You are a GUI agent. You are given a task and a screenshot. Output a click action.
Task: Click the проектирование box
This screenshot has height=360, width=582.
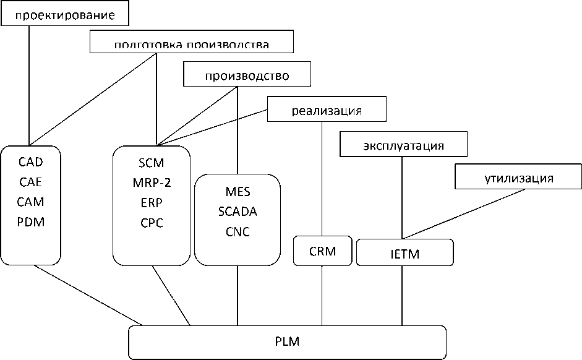[65, 14]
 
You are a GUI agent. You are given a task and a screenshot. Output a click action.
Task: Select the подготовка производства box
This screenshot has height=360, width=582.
[191, 43]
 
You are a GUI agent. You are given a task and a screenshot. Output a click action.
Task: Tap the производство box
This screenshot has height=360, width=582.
[247, 75]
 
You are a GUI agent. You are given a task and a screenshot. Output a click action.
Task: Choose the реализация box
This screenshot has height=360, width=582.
[327, 111]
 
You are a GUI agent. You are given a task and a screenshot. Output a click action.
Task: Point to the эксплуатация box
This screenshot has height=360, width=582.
[403, 146]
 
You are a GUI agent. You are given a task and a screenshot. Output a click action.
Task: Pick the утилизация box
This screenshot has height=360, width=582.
[518, 179]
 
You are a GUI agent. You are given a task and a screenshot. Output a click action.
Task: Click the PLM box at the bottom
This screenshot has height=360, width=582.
[288, 341]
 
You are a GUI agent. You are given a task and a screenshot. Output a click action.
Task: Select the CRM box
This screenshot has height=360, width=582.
[322, 251]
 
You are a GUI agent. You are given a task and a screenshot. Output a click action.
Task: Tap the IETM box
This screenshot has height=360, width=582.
[405, 254]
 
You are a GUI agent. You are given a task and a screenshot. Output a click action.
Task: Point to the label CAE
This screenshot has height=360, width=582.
[31, 182]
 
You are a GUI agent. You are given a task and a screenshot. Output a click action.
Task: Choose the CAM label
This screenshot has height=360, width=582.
[31, 202]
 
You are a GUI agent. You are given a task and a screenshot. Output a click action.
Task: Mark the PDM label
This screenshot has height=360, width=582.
[31, 221]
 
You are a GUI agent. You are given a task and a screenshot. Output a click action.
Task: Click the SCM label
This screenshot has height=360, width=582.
[152, 163]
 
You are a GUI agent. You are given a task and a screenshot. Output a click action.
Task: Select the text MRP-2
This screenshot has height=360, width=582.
[152, 182]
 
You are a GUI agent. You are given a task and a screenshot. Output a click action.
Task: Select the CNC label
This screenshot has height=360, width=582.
[238, 231]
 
